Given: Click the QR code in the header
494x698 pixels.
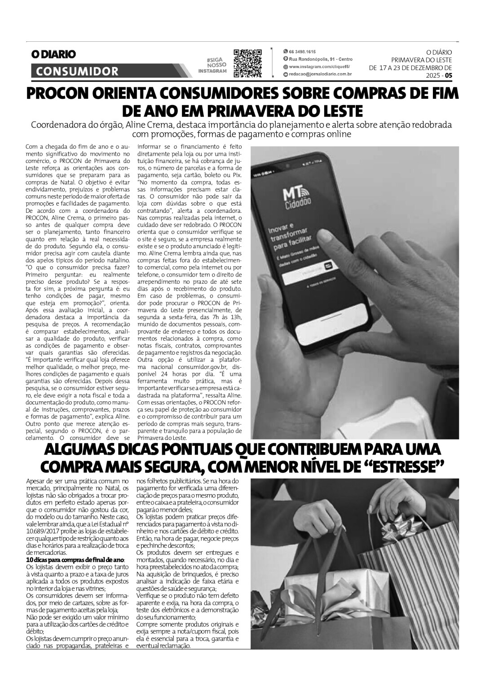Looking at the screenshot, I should coord(247,63).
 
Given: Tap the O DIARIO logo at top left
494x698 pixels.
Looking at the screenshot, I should coord(53,54).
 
